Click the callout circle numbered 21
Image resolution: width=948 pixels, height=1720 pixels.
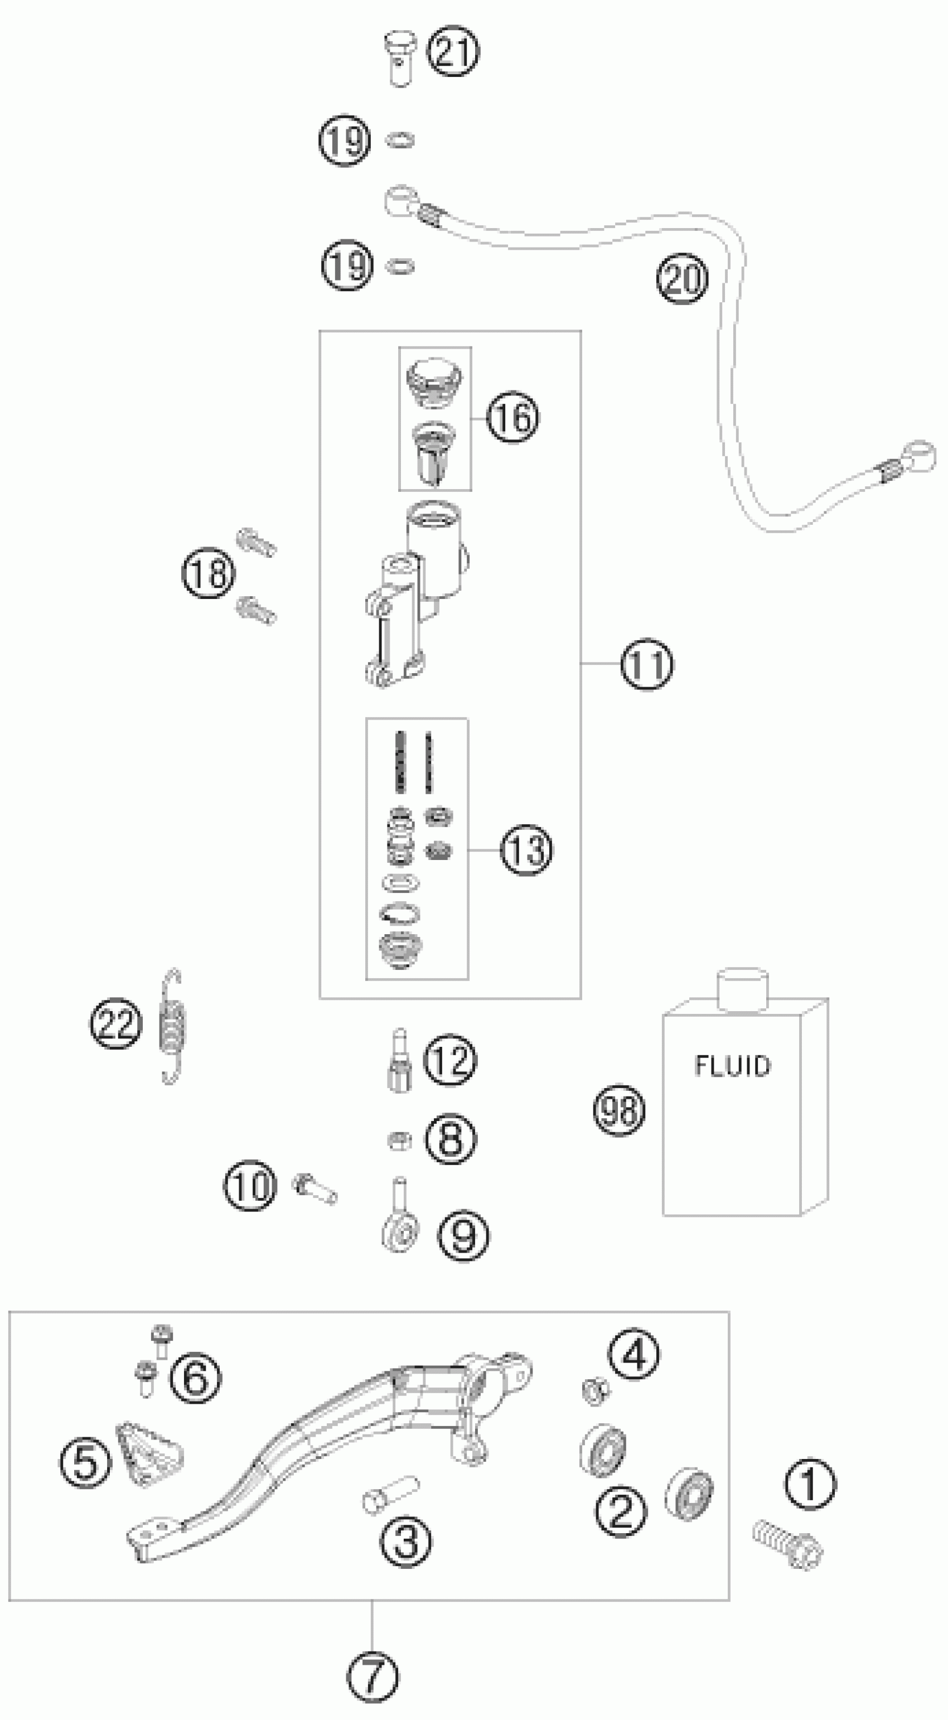[x=453, y=52]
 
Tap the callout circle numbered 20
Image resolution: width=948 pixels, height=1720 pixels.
[x=681, y=278]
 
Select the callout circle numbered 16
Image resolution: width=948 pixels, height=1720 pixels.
[x=512, y=417]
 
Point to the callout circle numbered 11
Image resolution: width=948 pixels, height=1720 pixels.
[x=647, y=664]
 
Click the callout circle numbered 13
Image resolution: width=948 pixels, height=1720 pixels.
[x=527, y=850]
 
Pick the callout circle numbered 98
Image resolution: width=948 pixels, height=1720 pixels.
[x=620, y=1110]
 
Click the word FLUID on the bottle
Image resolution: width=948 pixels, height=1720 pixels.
[x=732, y=1066]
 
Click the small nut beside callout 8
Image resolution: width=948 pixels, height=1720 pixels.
[x=399, y=1141]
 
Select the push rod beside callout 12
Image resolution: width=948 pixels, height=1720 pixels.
[x=400, y=1061]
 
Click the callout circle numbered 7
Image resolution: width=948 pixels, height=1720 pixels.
[x=373, y=1676]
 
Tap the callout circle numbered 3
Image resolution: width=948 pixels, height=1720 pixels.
[x=406, y=1542]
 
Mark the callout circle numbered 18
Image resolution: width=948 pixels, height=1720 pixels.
[x=209, y=573]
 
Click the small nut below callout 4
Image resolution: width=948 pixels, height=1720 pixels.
[x=593, y=1390]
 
